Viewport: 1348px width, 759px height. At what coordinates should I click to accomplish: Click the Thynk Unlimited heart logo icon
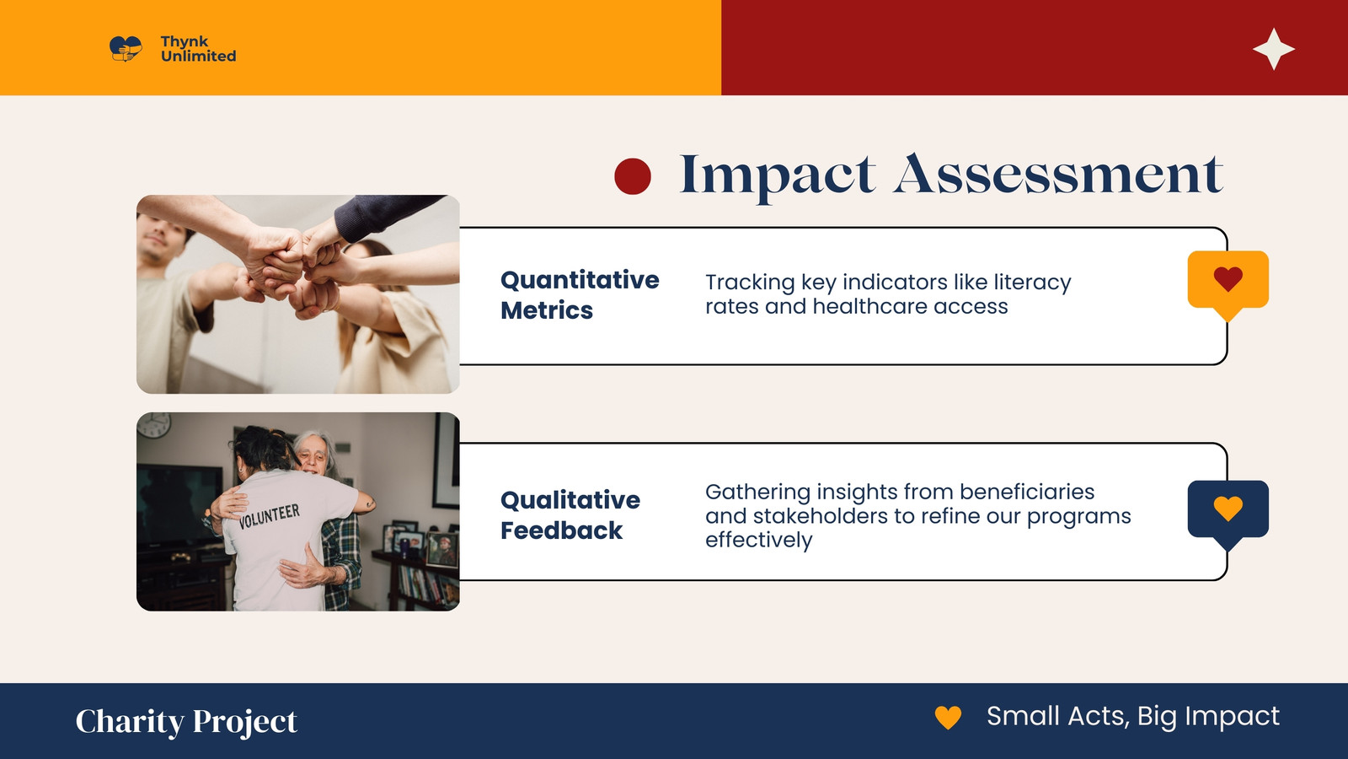pyautogui.click(x=126, y=49)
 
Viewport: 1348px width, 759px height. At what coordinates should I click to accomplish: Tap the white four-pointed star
pyautogui.click(x=1273, y=49)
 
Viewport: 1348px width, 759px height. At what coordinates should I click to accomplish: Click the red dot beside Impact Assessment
pyautogui.click(x=633, y=176)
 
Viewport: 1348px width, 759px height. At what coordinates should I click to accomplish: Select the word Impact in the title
pyautogui.click(x=777, y=176)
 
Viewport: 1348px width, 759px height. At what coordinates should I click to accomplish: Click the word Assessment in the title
pyautogui.click(x=1058, y=174)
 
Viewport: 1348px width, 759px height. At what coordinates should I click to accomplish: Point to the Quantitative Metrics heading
pyautogui.click(x=580, y=295)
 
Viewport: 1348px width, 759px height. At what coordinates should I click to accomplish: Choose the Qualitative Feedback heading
pyautogui.click(x=570, y=515)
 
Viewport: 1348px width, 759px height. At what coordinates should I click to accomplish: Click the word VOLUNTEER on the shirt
pyautogui.click(x=269, y=516)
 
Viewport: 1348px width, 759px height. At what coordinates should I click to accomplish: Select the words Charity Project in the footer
pyautogui.click(x=186, y=721)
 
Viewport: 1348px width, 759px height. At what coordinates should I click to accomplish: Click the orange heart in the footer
pyautogui.click(x=948, y=718)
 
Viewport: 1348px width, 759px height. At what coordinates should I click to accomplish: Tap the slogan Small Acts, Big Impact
pyautogui.click(x=1133, y=716)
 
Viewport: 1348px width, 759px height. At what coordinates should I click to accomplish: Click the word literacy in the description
pyautogui.click(x=1032, y=282)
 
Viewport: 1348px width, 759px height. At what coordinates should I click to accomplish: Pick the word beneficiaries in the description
pyautogui.click(x=1027, y=492)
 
